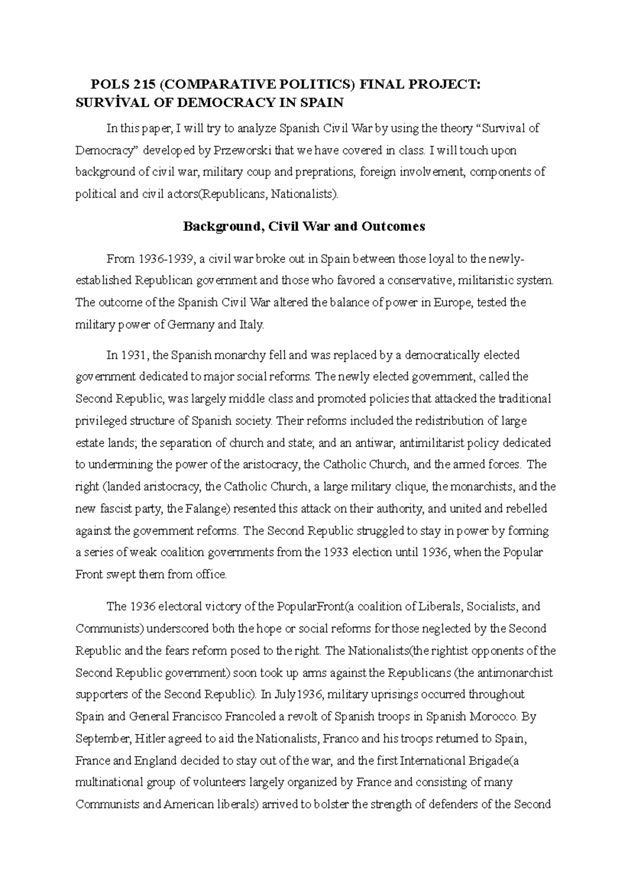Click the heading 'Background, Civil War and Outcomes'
303,227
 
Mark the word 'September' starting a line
102,738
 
